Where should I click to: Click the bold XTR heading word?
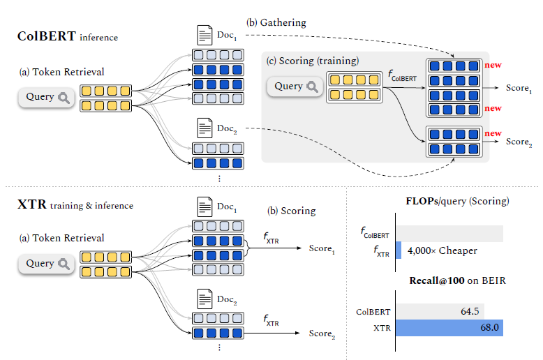pyautogui.click(x=32, y=205)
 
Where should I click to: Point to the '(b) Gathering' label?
pyautogui.click(x=277, y=23)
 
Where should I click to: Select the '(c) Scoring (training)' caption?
pyautogui.click(x=313, y=60)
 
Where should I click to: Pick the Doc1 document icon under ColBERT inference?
pyautogui.click(x=205, y=35)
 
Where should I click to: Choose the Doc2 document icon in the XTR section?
pyautogui.click(x=205, y=299)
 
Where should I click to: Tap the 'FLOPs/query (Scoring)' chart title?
pyautogui.click(x=456, y=201)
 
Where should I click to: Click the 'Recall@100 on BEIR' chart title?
pyautogui.click(x=456, y=280)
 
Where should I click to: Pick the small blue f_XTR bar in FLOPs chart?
pyautogui.click(x=399, y=250)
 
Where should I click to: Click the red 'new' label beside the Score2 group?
pyautogui.click(x=493, y=133)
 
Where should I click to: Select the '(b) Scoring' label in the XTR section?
pyautogui.click(x=292, y=211)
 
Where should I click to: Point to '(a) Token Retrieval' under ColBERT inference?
pyautogui.click(x=61, y=71)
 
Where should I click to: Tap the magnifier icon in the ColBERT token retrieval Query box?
pyautogui.click(x=65, y=98)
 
